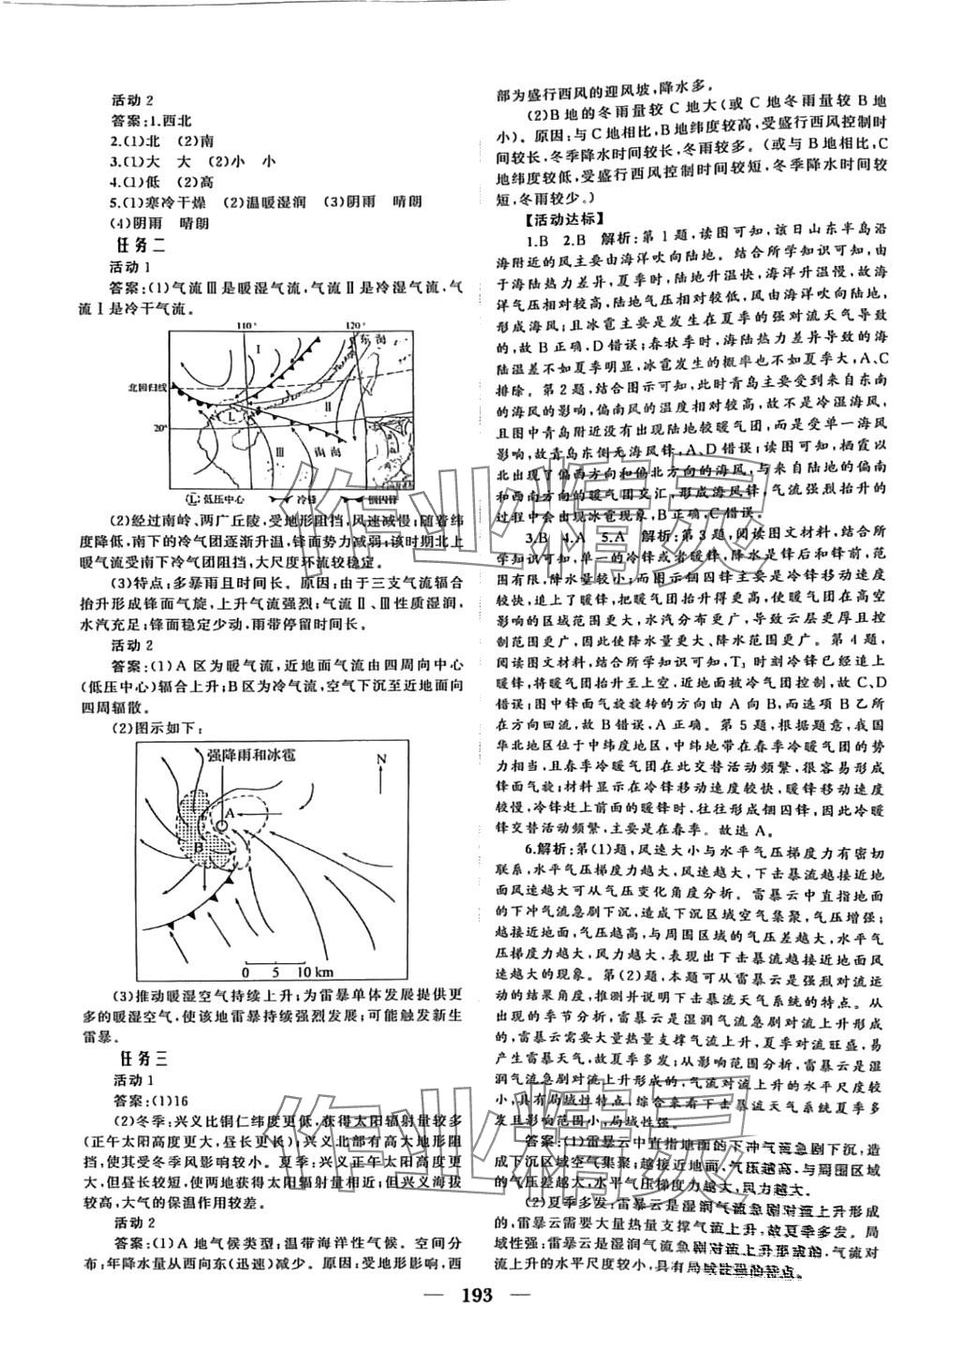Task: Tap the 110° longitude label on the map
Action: click(246, 325)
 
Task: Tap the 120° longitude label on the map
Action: click(353, 325)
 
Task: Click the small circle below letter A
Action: click(221, 825)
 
